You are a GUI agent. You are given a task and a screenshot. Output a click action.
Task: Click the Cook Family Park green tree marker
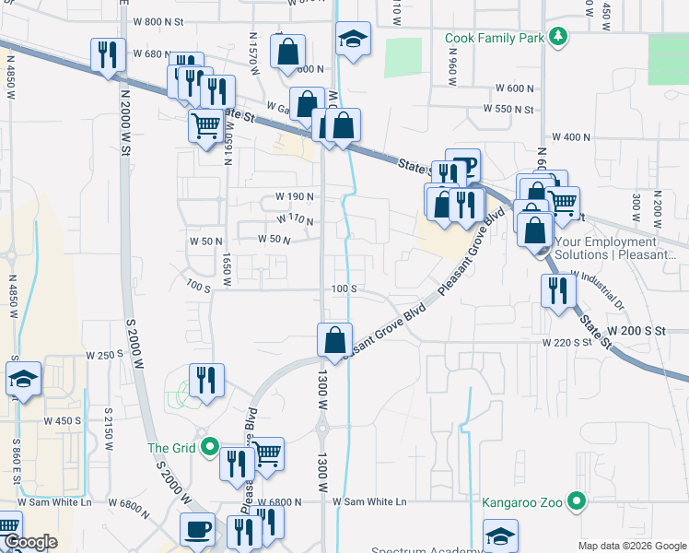pyautogui.click(x=558, y=38)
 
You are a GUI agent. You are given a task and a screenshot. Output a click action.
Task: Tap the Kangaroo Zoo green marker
pyautogui.click(x=577, y=502)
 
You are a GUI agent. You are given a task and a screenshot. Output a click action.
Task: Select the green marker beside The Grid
pyautogui.click(x=210, y=449)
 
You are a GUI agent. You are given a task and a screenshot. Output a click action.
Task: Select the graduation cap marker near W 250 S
pyautogui.click(x=23, y=380)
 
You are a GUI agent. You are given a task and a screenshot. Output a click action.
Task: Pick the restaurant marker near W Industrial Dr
pyautogui.click(x=557, y=290)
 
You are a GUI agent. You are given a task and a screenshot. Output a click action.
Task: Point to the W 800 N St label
pyautogui.click(x=159, y=21)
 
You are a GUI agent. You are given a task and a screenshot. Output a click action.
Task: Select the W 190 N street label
pyautogui.click(x=295, y=197)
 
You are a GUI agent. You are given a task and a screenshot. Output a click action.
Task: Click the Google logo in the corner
pyautogui.click(x=29, y=543)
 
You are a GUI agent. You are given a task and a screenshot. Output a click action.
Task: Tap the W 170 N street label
pyautogui.click(x=295, y=219)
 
